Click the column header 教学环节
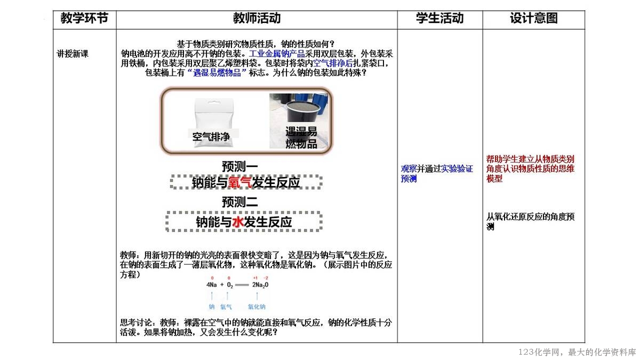84,18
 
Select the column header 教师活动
257,18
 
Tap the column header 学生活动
439,18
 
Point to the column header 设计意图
534,18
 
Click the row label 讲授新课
73,54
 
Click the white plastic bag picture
214,122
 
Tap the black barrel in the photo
302,112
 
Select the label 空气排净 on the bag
211,137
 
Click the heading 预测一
239,166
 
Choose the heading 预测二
239,202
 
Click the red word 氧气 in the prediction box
239,182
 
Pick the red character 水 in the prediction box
238,222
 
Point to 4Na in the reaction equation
211,285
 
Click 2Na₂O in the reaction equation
260,285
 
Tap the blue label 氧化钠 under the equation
257,307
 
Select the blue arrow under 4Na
212,295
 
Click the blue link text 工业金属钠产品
277,54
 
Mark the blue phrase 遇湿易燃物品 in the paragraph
217,73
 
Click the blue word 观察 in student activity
409,169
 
